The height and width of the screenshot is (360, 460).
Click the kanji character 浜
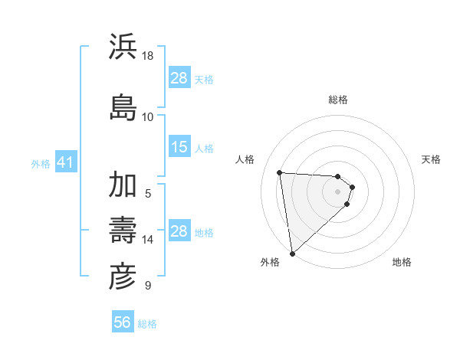point(123,47)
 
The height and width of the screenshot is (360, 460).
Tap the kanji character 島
point(123,105)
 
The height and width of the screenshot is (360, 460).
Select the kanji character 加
point(123,185)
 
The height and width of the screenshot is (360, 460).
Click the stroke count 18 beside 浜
point(148,56)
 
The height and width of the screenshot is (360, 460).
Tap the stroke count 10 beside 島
point(148,116)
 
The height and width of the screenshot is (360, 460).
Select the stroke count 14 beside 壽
point(148,240)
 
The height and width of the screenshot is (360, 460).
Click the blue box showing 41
point(65,163)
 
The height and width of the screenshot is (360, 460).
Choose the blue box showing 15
point(179,147)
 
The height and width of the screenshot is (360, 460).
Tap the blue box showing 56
point(122,323)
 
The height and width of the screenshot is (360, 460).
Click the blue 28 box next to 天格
point(179,78)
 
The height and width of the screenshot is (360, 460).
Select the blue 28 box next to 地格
point(179,231)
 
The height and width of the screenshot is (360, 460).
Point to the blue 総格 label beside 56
point(147,324)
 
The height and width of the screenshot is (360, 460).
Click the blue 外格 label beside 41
point(41,164)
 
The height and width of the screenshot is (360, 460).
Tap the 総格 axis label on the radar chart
point(338,100)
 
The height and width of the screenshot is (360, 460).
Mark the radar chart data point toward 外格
point(291,253)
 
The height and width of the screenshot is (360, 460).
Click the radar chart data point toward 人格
point(279,172)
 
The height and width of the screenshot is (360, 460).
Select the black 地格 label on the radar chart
point(402,262)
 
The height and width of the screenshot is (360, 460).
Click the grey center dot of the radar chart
point(338,191)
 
